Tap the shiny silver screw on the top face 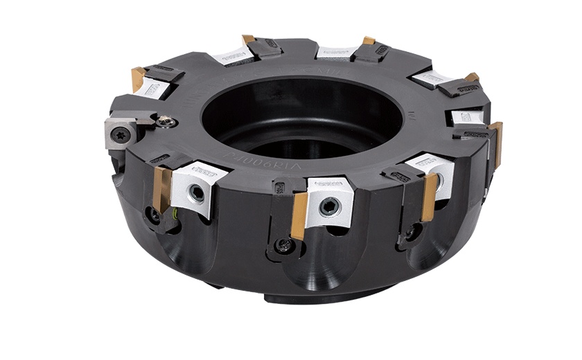[x=164, y=122]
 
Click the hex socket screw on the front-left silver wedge [x=198, y=193]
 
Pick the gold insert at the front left [x=162, y=188]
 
